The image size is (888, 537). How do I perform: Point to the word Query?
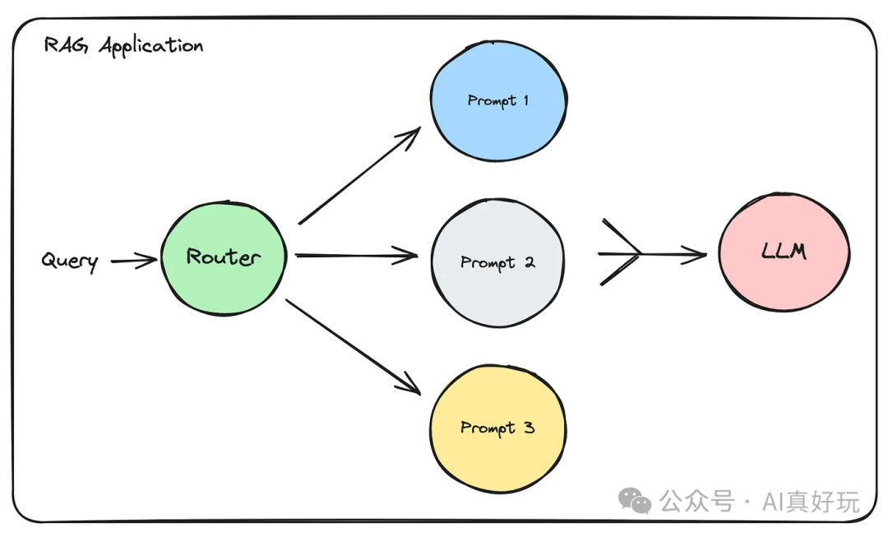pos(71,262)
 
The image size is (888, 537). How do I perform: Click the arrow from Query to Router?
pos(133,262)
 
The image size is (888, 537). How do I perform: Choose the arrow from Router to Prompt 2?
pos(355,256)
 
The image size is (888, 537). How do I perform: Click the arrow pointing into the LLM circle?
pos(658,255)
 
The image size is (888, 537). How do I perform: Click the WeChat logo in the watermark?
pos(635,500)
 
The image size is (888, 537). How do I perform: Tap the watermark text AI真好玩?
pos(811,501)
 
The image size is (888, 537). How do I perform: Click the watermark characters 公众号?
pos(696,501)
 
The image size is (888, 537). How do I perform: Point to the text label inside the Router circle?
pos(224,257)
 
